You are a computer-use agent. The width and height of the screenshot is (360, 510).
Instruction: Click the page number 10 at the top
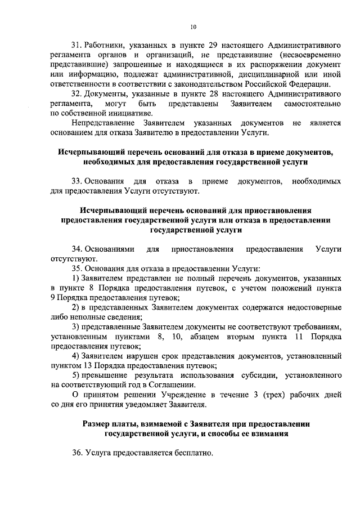(x=193, y=26)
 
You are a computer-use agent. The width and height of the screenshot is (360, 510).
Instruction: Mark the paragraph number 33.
(x=77, y=183)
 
